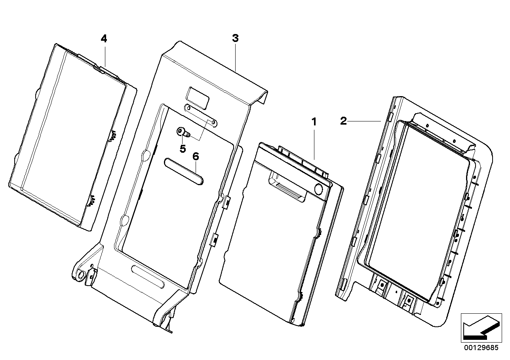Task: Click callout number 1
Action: tap(314, 122)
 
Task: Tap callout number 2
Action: tap(343, 121)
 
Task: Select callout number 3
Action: tap(235, 38)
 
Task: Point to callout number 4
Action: tap(104, 39)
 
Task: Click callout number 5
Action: tap(183, 148)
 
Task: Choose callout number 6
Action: tap(196, 156)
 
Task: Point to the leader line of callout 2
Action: tap(364, 121)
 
